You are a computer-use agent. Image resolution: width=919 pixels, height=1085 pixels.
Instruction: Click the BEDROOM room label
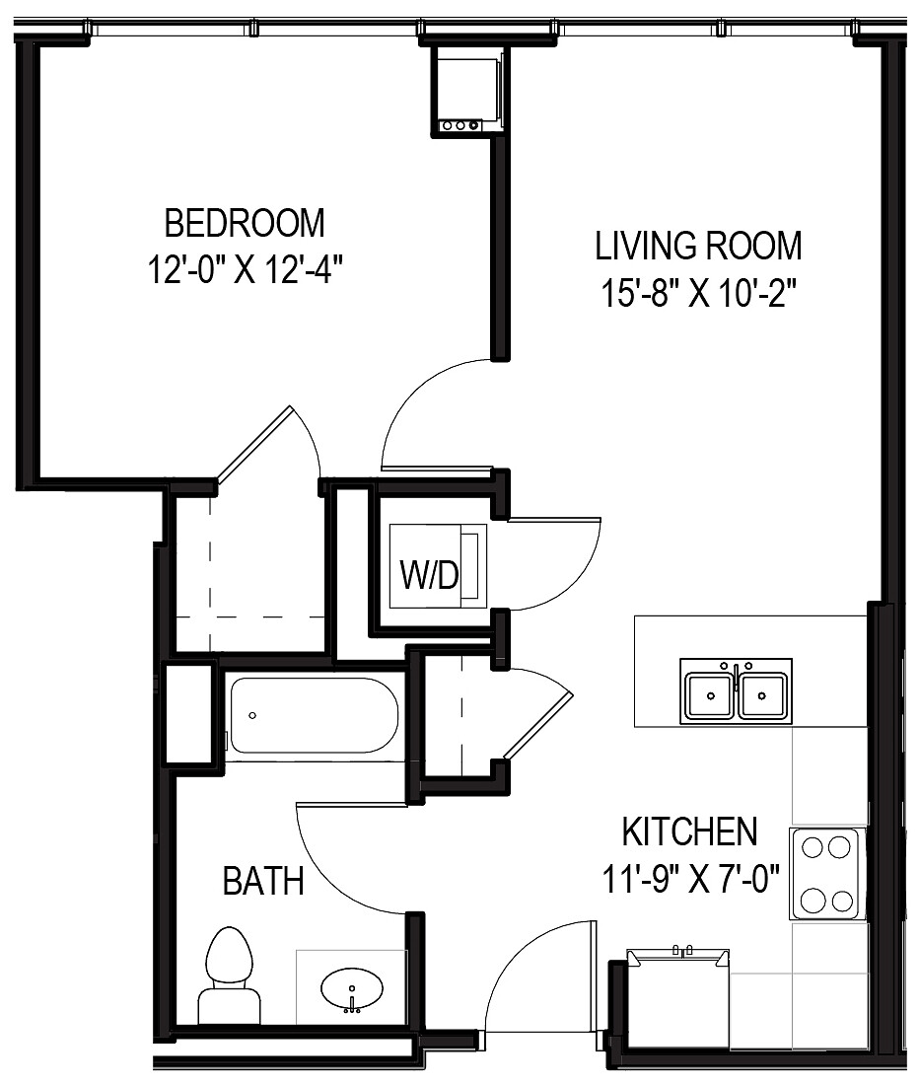click(x=244, y=223)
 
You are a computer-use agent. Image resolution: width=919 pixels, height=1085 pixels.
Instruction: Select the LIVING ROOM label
click(x=698, y=245)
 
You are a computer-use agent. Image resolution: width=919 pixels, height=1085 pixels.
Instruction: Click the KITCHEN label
click(x=689, y=832)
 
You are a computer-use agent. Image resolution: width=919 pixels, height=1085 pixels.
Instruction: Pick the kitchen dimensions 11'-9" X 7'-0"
click(x=689, y=877)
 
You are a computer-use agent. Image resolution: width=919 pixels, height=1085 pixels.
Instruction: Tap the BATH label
click(x=262, y=880)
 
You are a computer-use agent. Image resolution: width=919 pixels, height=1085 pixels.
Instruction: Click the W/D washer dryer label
click(x=428, y=575)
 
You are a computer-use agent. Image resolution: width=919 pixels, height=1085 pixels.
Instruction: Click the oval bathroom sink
click(x=351, y=987)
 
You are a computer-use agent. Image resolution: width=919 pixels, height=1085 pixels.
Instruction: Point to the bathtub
click(x=313, y=717)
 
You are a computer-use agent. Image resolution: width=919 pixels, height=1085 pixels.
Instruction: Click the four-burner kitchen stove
click(x=826, y=874)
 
